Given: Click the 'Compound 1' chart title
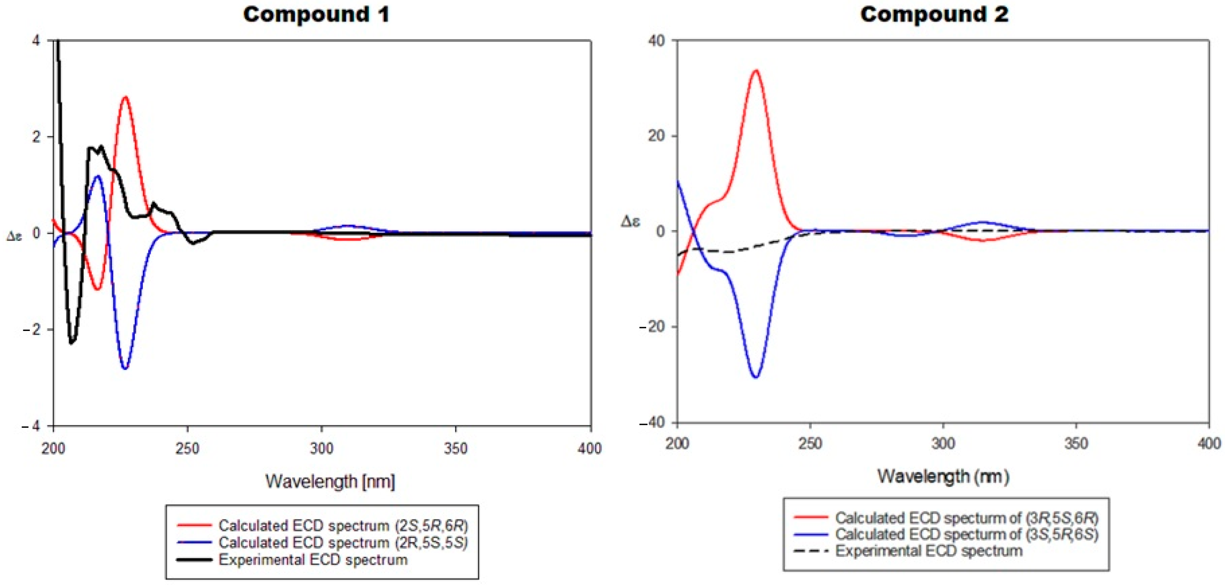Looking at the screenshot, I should [x=316, y=14].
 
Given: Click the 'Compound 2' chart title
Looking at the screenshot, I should [x=934, y=14].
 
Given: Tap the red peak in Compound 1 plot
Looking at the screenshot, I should [x=125, y=97].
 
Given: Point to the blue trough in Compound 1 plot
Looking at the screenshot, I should [x=125, y=368].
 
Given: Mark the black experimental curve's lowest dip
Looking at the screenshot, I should [x=71, y=342].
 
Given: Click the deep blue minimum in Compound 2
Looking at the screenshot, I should [x=756, y=377].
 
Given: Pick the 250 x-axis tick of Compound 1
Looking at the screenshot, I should [x=187, y=448].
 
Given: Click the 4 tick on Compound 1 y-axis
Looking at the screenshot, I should [x=36, y=40].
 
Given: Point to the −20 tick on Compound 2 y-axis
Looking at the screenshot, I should [x=652, y=327].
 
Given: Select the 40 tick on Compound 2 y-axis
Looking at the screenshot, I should [x=656, y=40].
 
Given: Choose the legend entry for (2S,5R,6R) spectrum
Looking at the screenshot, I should [x=343, y=526].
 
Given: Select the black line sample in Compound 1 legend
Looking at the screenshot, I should [x=194, y=560].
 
